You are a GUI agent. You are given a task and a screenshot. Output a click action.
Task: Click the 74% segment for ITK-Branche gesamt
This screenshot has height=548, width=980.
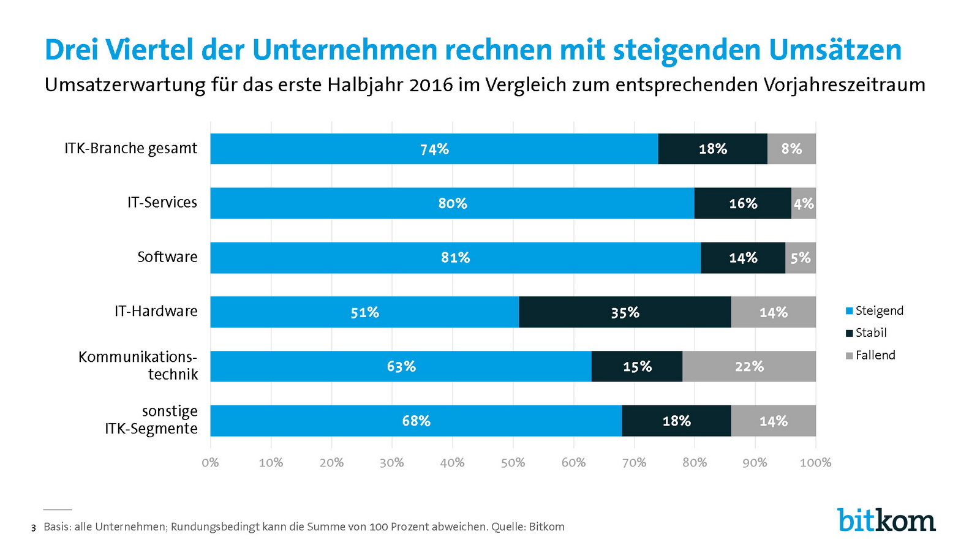[x=434, y=149]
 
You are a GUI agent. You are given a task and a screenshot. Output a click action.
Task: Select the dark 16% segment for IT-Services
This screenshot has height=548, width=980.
[x=742, y=203]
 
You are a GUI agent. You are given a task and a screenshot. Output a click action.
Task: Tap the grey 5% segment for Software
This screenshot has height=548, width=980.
[x=800, y=258]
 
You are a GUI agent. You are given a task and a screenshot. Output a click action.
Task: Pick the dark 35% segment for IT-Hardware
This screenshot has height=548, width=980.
[x=625, y=312]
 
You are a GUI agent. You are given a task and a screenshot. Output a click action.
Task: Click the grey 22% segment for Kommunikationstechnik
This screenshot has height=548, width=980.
[x=748, y=366]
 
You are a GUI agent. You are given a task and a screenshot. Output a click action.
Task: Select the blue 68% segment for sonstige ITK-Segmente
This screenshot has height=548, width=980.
[x=416, y=421]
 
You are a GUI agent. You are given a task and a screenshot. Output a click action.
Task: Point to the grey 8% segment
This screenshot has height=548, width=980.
[x=791, y=149]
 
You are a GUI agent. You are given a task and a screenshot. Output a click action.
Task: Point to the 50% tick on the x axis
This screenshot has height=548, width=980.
[x=513, y=463]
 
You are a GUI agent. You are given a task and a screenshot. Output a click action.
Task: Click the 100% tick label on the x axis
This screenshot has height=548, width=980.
[x=815, y=463]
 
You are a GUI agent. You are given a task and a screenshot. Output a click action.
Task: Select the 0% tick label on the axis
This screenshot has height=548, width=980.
[x=210, y=463]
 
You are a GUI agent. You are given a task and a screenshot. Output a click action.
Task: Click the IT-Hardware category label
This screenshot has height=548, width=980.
[x=156, y=312]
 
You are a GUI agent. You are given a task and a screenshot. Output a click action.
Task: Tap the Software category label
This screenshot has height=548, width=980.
[x=167, y=257]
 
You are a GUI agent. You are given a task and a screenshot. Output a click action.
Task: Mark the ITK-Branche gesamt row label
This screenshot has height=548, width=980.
[x=130, y=148]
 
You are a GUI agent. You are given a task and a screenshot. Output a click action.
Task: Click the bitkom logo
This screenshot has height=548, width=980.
[x=886, y=520]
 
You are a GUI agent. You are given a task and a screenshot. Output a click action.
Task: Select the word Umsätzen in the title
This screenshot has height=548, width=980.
[x=835, y=50]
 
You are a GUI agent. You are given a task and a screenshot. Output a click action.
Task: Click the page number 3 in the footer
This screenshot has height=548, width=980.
[x=34, y=528]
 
